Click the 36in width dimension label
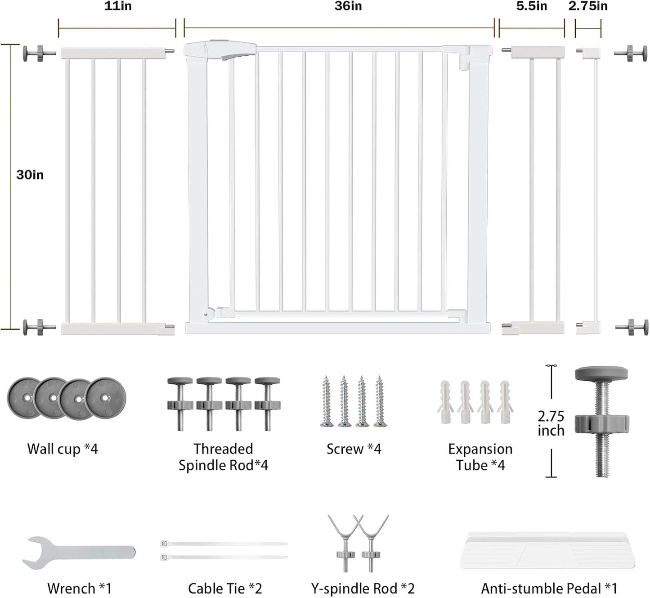click(348, 6)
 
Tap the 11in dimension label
click(118, 6)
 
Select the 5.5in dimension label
click(531, 6)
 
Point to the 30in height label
click(30, 175)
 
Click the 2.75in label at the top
click(588, 6)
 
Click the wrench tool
click(79, 553)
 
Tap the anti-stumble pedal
click(548, 550)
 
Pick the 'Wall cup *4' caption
click(63, 449)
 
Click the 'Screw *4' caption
click(354, 449)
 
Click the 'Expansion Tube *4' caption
click(480, 457)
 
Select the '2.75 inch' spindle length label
click(551, 423)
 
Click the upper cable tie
click(224, 544)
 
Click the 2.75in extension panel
click(588, 191)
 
